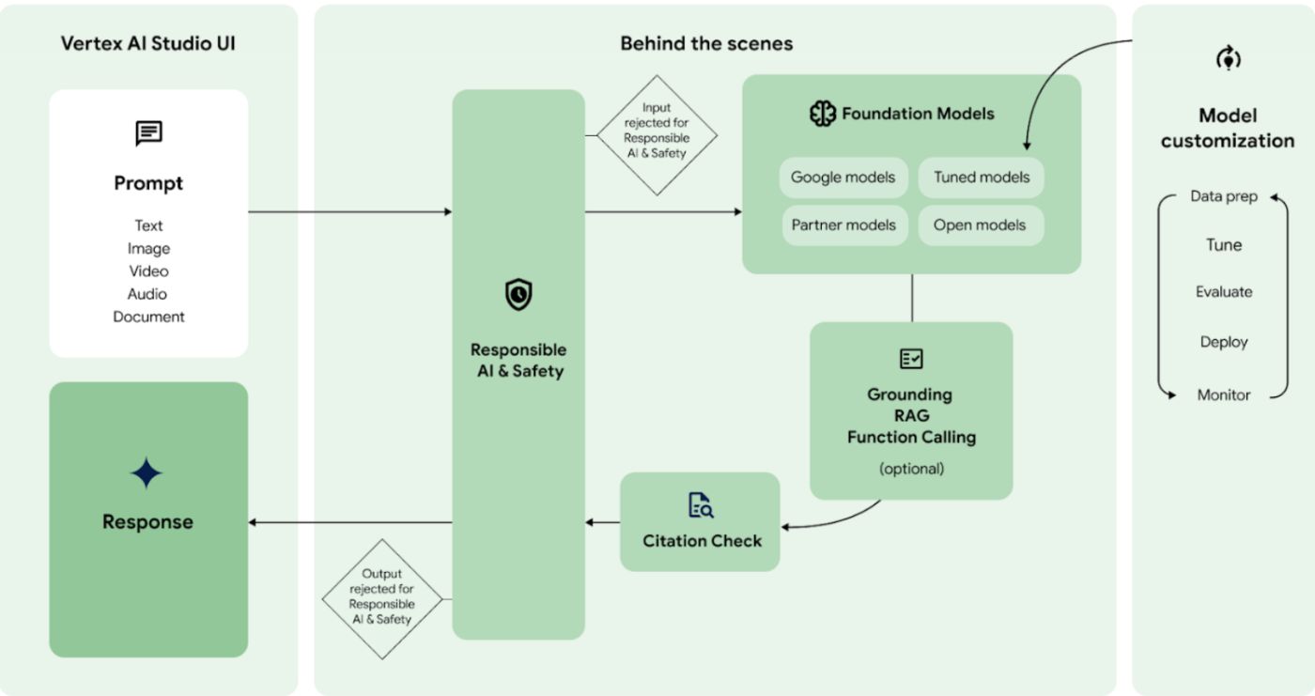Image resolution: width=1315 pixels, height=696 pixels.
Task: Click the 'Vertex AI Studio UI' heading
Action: [x=148, y=43]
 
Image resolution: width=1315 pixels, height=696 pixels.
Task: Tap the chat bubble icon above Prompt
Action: [x=148, y=132]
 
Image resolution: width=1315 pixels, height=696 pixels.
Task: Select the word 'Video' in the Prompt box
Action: [x=148, y=271]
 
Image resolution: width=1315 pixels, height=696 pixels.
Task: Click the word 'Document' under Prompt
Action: [x=148, y=317]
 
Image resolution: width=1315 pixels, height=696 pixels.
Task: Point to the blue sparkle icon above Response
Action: [x=147, y=474]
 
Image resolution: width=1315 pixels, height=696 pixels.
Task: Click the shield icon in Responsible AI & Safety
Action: [x=518, y=295]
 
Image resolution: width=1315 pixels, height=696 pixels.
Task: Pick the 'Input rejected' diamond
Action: [x=657, y=135]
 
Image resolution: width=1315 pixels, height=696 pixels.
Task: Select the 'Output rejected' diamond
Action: [x=381, y=597]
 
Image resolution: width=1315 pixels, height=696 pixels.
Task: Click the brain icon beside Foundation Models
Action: [x=822, y=114]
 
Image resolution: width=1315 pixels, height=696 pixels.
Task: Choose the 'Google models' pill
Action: [x=843, y=178]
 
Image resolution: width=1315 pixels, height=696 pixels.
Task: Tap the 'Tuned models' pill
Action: [x=981, y=178]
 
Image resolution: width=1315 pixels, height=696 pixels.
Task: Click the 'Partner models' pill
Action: [x=843, y=225]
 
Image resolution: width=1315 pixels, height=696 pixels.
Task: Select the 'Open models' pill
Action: [x=980, y=225]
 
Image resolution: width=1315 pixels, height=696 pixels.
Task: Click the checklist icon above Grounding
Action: [x=911, y=359]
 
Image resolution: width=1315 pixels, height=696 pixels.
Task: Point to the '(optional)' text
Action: [x=911, y=468]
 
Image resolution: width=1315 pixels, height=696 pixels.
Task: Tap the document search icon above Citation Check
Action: [x=701, y=505]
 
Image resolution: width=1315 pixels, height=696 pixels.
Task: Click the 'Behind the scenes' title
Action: [x=706, y=43]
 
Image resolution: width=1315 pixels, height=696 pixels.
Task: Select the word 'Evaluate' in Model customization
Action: [x=1224, y=292]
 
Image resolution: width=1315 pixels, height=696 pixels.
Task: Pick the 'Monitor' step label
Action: [x=1224, y=395]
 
